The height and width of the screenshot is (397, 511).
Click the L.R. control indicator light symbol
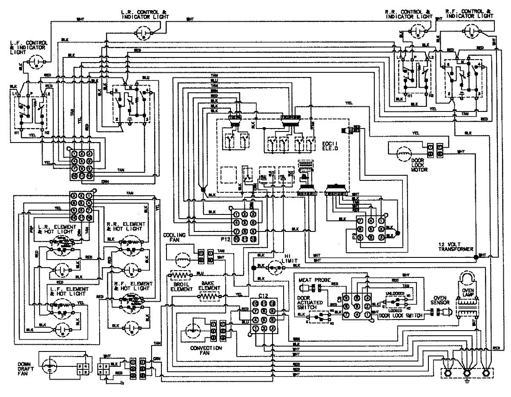tap(144, 31)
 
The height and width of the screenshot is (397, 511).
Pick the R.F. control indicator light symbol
tap(473, 30)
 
